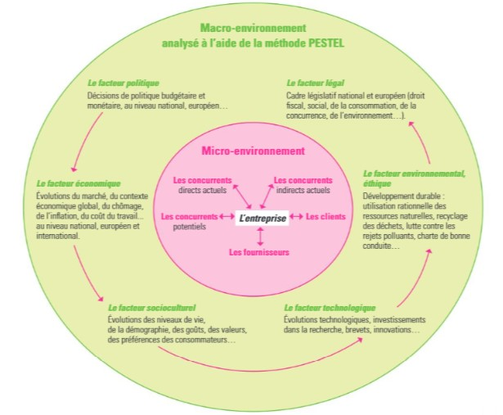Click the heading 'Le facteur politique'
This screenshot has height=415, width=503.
[x=124, y=83]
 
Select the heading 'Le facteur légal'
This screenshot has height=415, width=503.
[x=315, y=83]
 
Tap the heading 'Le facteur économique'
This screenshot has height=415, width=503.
[x=79, y=183]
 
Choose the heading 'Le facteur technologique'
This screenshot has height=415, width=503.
[x=329, y=307]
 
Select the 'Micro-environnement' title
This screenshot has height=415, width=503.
[x=253, y=151]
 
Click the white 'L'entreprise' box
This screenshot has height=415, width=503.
[x=260, y=219]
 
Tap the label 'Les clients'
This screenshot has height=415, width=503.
[x=324, y=217]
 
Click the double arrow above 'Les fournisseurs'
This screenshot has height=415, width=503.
[x=259, y=236]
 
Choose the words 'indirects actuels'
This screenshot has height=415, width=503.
[x=303, y=191]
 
